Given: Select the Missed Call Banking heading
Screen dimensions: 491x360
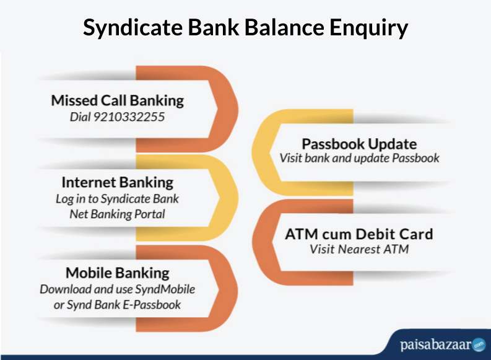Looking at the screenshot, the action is [x=118, y=101].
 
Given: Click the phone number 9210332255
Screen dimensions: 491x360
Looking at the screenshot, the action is [x=129, y=117].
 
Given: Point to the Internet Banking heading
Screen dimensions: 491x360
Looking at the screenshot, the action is [x=118, y=183].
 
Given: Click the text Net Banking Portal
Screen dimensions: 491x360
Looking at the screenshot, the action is [x=117, y=214].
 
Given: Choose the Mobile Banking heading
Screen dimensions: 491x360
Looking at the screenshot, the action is [x=118, y=273].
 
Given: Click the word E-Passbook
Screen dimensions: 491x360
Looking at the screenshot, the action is [x=152, y=305].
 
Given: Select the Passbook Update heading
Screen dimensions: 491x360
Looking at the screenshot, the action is [x=359, y=144].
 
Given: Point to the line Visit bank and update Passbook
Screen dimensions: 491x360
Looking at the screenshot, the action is [x=360, y=158].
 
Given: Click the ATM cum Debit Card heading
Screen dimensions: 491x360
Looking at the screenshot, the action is [x=359, y=234].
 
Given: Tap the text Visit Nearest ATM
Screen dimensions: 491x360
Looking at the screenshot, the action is [x=359, y=250].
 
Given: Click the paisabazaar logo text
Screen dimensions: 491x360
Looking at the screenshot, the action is [x=435, y=345].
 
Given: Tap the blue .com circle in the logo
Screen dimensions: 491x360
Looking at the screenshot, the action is [x=479, y=345].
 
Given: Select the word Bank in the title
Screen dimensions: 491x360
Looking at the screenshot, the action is [x=214, y=27].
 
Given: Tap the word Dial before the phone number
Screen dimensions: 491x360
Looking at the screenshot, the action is [x=80, y=117].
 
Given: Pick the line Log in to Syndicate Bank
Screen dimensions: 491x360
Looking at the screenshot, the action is [x=117, y=199].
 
